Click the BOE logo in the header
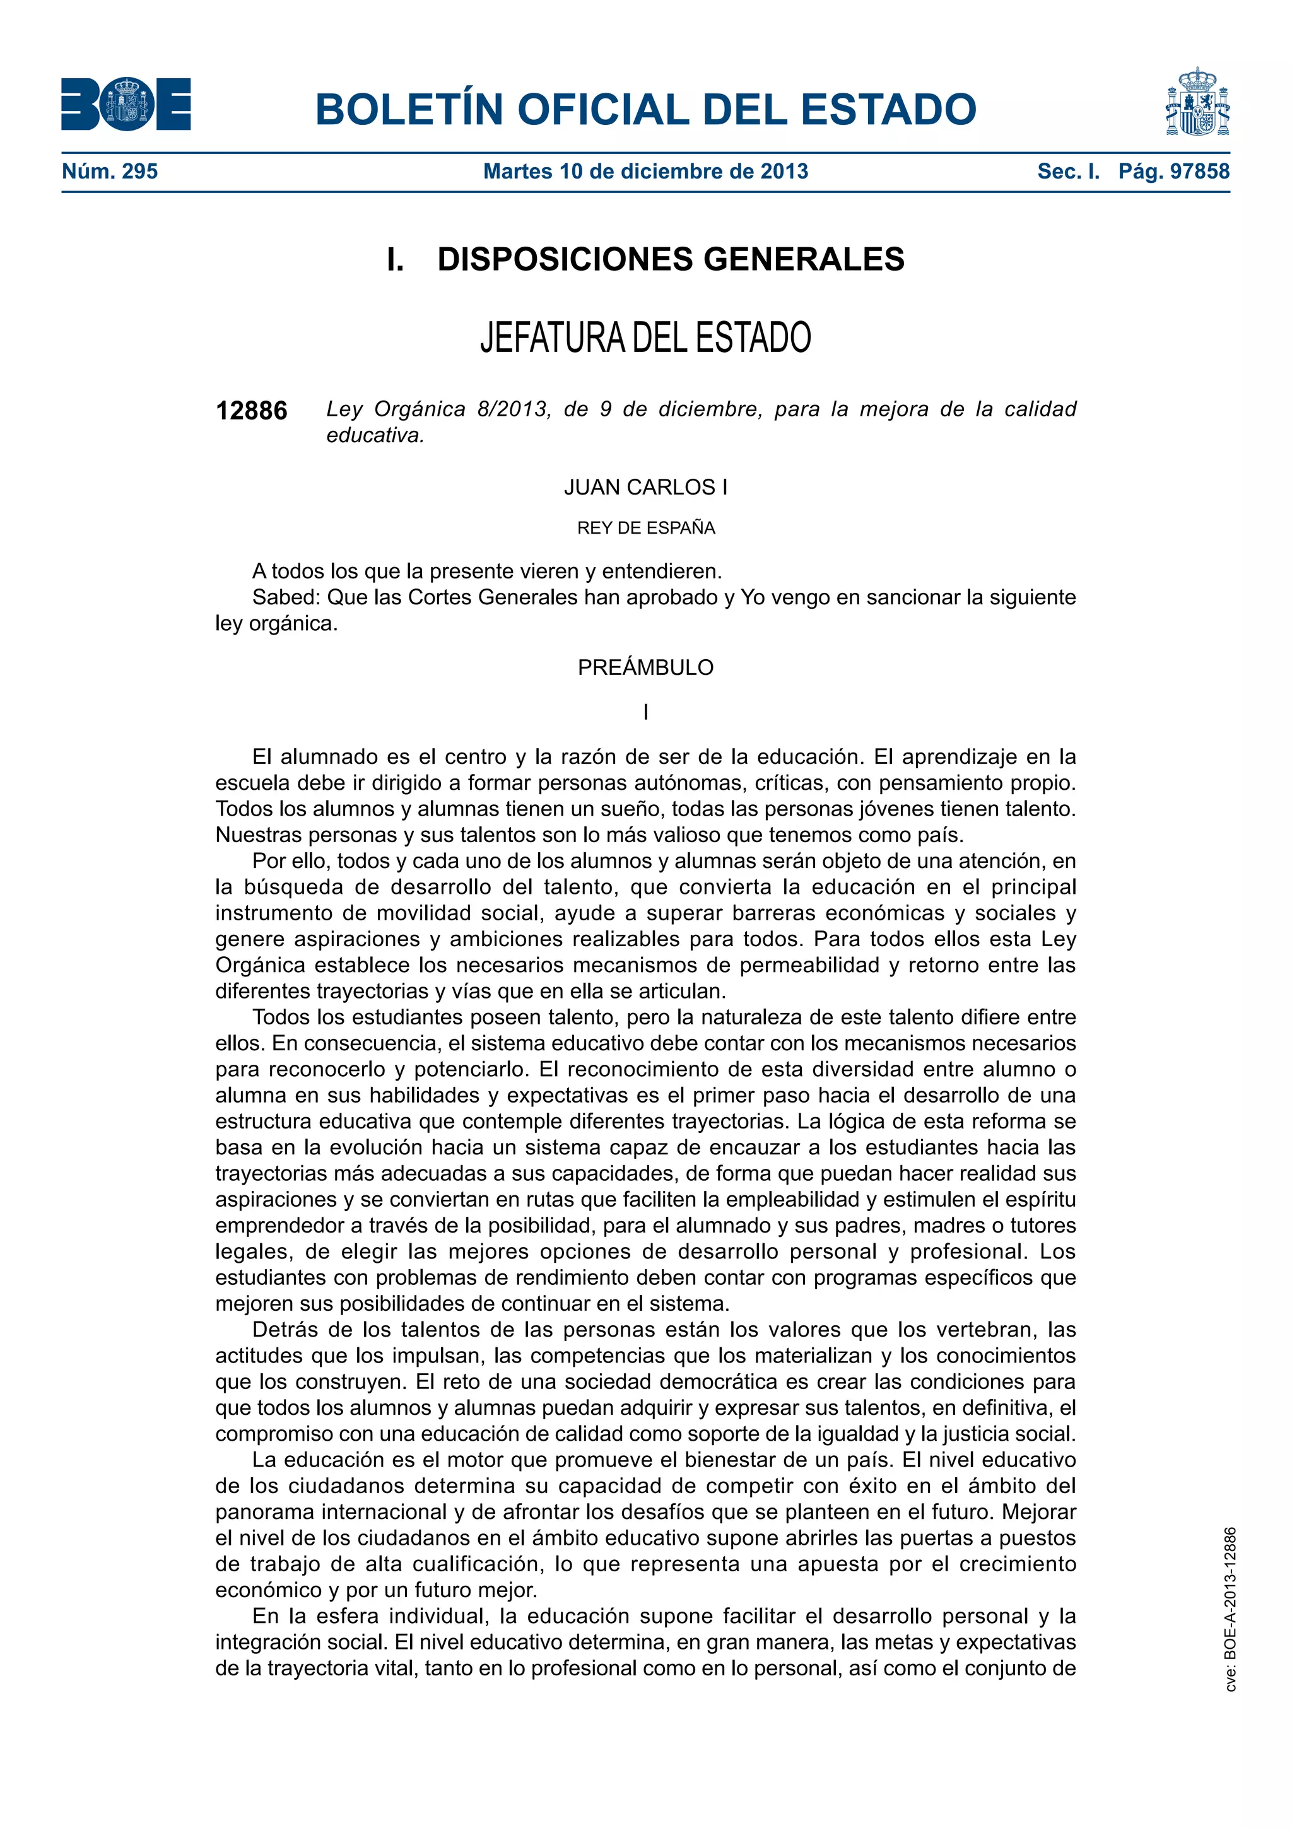coord(126,104)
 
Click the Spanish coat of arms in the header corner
coord(1197,103)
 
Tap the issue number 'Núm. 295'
coord(110,171)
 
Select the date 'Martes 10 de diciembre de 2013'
coord(645,171)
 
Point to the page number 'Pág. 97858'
coord(1173,171)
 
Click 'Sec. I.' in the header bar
coord(1067,171)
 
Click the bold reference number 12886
coord(252,411)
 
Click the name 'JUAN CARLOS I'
coord(645,487)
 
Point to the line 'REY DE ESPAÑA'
coord(645,528)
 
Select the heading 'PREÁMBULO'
coord(645,667)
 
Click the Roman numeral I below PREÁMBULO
coord(645,712)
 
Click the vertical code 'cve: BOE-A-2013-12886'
coord(1230,1608)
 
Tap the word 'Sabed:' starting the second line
coord(286,597)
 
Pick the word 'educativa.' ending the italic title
coord(375,435)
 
